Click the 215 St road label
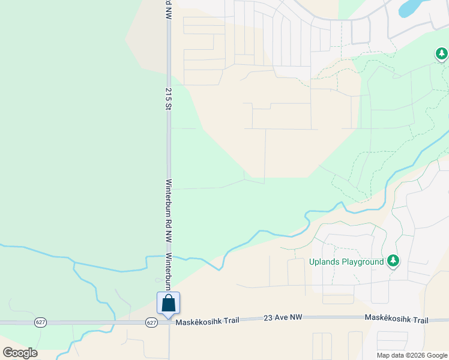(x=169, y=100)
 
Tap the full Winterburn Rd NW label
(x=169, y=211)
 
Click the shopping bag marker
(x=169, y=303)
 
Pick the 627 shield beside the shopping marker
(x=151, y=322)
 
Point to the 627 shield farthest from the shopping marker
(x=40, y=322)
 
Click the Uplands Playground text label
(x=346, y=262)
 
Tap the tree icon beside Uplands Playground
(x=393, y=261)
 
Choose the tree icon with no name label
(x=442, y=55)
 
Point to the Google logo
(x=20, y=353)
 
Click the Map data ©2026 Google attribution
(x=412, y=355)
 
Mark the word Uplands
(x=325, y=262)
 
